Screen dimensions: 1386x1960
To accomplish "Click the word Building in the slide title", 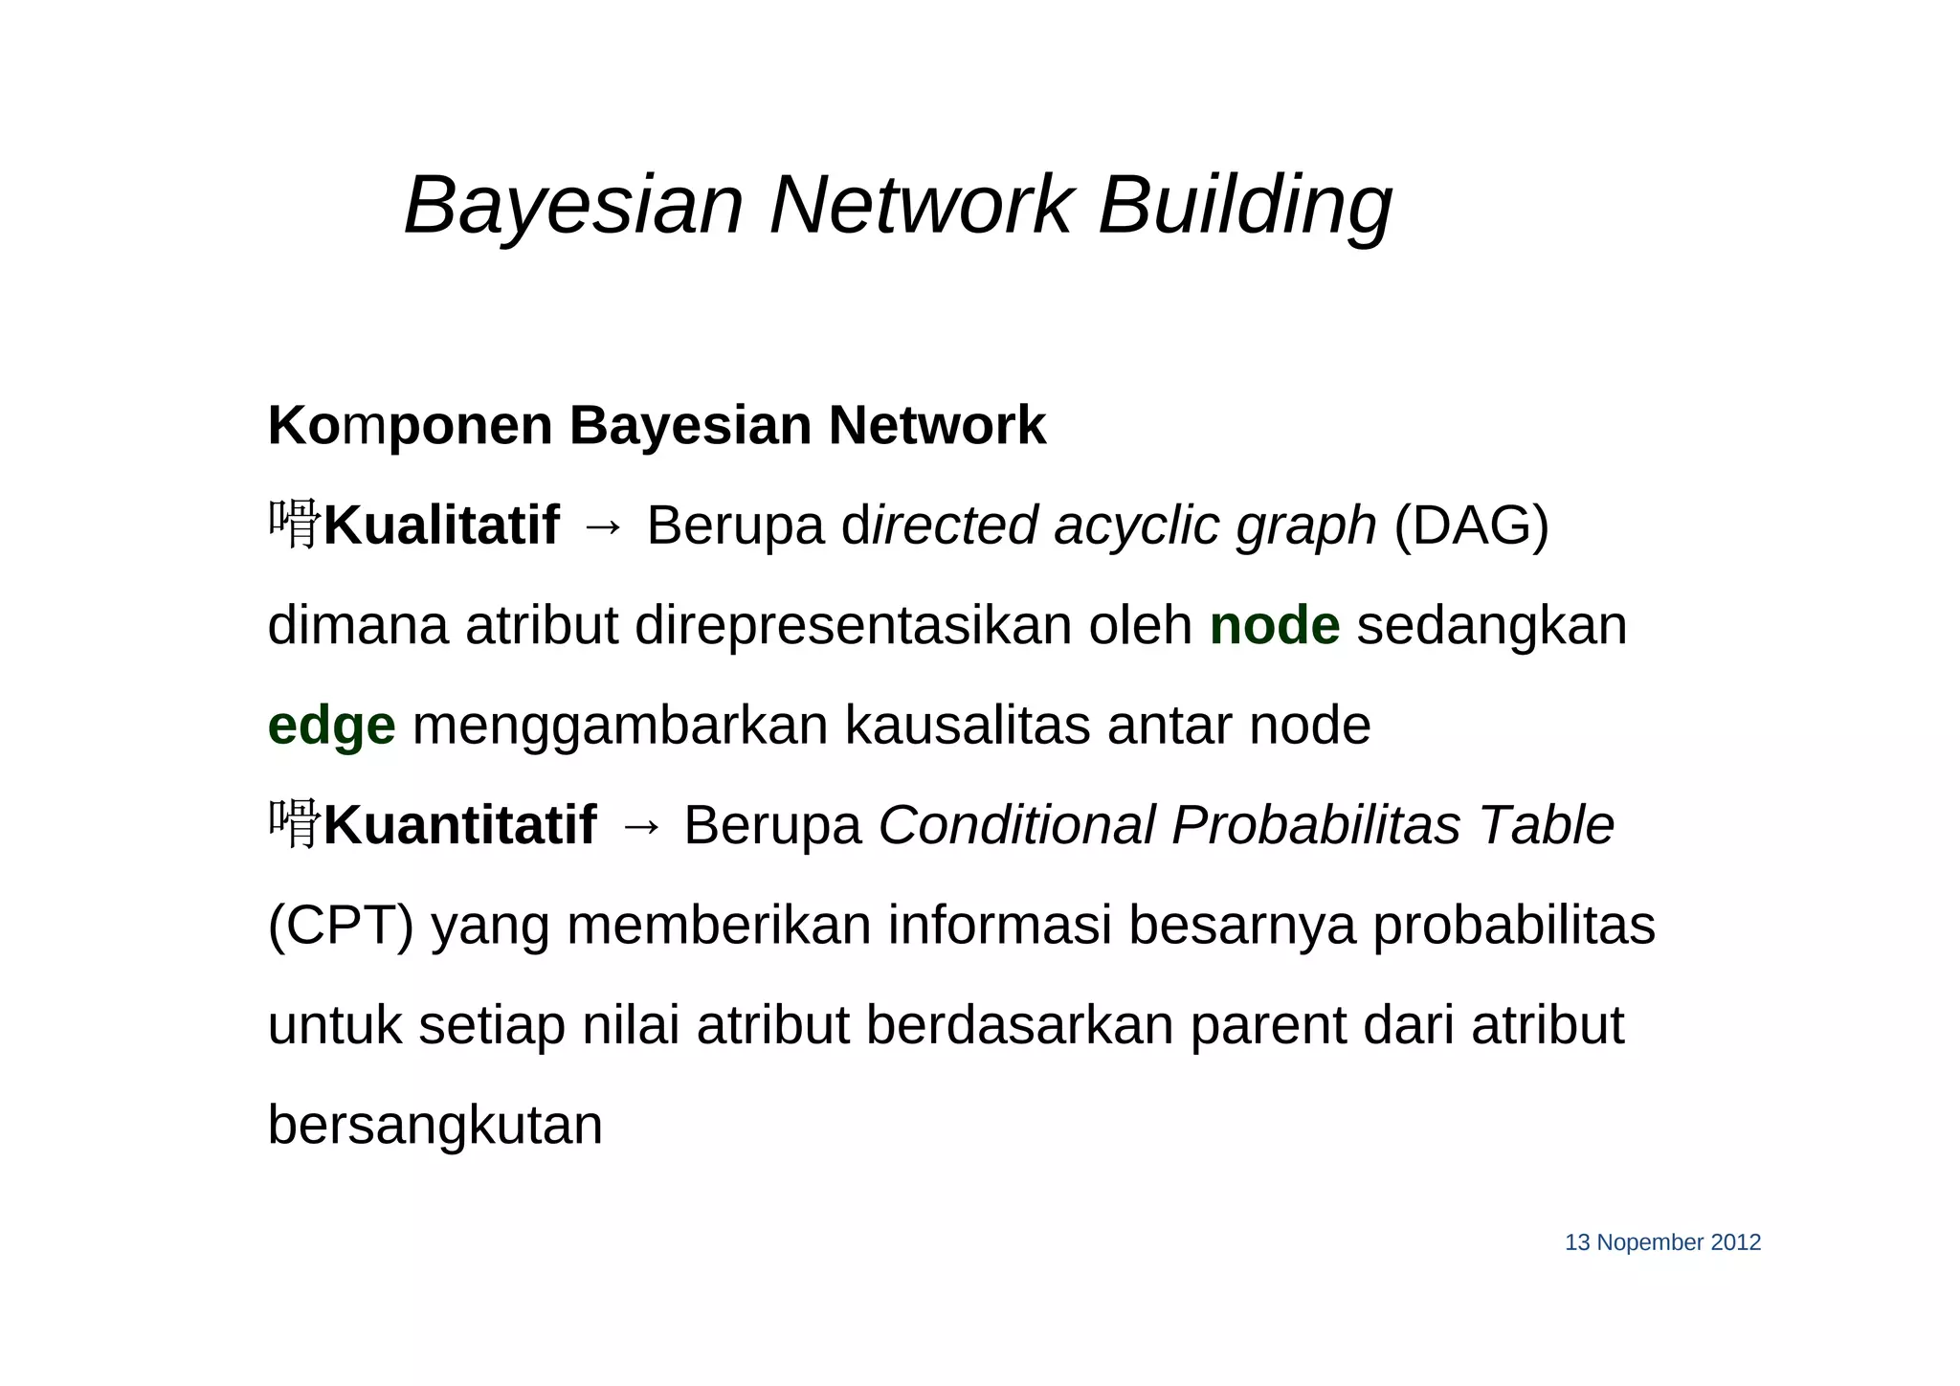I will (1244, 206).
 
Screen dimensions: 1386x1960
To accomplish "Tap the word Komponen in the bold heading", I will (410, 426).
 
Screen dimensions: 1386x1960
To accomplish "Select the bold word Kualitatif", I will (441, 525).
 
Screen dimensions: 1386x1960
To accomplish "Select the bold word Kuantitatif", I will (459, 825).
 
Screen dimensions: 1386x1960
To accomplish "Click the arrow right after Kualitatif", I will (603, 527).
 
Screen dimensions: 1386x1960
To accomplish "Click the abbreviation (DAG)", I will (1471, 525).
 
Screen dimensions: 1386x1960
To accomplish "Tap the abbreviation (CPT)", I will (341, 926).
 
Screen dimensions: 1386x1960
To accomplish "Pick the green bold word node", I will (1274, 626).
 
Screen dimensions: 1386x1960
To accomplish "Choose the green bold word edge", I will (331, 726).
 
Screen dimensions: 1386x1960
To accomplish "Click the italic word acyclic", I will (1136, 525).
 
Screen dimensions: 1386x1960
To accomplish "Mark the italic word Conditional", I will (1016, 825).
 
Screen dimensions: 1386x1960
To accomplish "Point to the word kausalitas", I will (967, 726).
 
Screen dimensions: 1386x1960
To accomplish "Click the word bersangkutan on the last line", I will (434, 1126).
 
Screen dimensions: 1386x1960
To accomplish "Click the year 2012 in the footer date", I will (1735, 1242).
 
